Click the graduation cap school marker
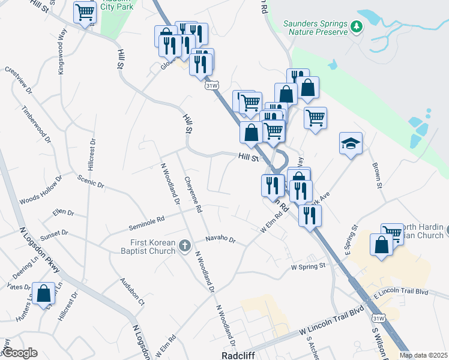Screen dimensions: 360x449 click(351, 143)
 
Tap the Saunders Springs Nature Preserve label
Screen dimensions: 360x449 click(315, 28)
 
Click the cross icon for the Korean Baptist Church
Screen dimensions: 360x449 click(185, 245)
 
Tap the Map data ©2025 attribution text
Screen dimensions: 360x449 click(423, 355)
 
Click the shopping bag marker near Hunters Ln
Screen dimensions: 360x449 click(44, 294)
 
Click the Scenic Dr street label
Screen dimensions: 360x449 click(91, 181)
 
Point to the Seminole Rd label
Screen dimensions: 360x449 click(146, 223)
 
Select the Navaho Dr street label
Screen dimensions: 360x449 click(220, 240)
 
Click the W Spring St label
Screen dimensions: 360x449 click(307, 265)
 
